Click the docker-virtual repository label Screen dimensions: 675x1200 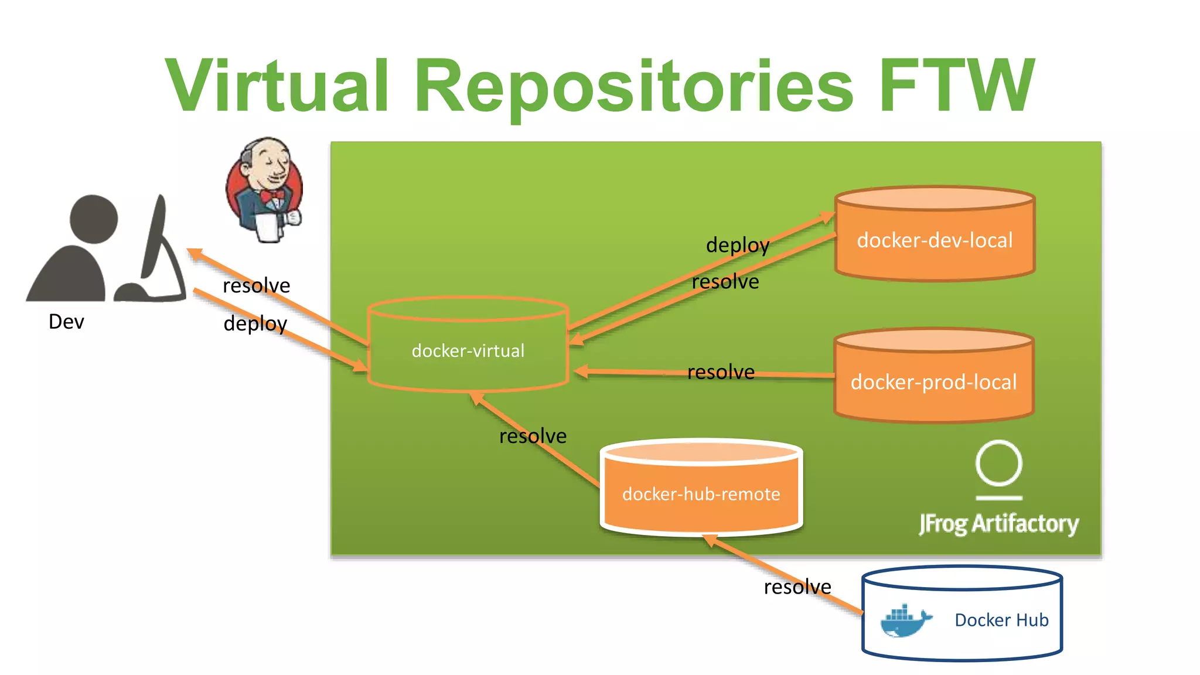coord(468,351)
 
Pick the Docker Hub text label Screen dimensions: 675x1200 coord(1001,620)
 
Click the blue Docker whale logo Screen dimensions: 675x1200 coord(904,621)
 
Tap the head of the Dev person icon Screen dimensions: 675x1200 coord(94,219)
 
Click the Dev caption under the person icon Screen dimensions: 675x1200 coord(66,322)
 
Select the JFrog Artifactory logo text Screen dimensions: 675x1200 coord(998,523)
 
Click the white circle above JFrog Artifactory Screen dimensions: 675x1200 coord(998,463)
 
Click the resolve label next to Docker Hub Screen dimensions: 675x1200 coord(797,587)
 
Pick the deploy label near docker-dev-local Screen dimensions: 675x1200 coord(737,245)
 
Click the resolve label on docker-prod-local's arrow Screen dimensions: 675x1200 coord(721,372)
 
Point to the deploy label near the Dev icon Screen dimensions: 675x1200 coord(255,323)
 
